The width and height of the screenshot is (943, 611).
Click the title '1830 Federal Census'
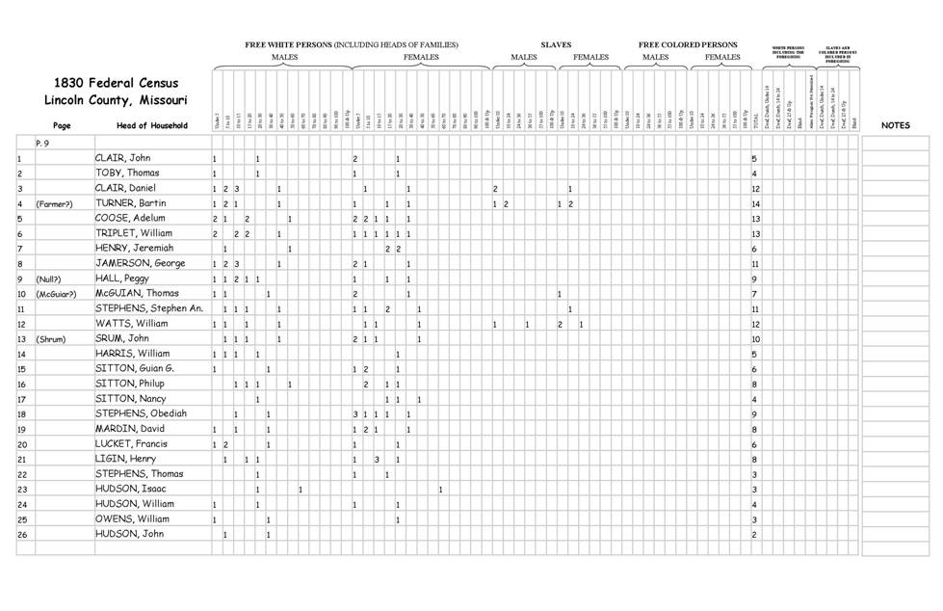click(116, 83)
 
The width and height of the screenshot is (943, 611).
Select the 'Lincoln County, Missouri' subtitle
click(116, 100)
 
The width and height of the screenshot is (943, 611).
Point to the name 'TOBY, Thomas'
click(127, 173)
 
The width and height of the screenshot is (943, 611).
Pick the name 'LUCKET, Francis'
click(133, 444)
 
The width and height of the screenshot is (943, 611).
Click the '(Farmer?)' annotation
click(55, 204)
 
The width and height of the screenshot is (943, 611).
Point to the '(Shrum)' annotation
click(51, 339)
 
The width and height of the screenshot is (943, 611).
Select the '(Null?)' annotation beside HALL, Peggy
click(50, 279)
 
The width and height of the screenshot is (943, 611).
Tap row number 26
click(21, 534)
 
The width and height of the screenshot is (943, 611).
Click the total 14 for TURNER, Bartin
click(756, 204)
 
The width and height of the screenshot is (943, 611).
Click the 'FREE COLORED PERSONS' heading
click(688, 44)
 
